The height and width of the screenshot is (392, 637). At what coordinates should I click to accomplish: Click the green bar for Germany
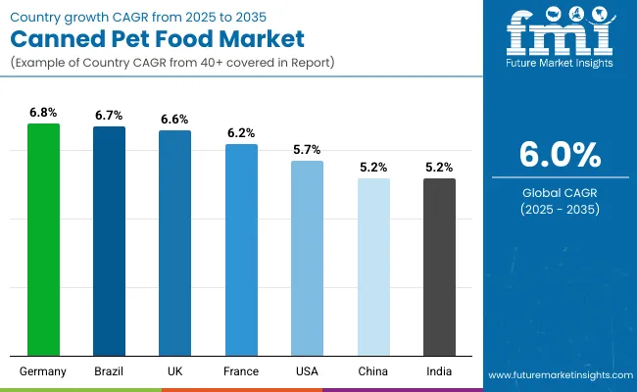click(43, 239)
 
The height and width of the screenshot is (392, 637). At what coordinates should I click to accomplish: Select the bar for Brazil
click(109, 241)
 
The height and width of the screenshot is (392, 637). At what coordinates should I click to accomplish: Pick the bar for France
click(241, 249)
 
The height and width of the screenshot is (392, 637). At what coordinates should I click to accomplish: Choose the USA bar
click(307, 258)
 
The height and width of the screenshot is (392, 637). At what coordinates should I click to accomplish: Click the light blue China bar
click(372, 267)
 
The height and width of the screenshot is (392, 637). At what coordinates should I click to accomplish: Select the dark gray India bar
click(439, 267)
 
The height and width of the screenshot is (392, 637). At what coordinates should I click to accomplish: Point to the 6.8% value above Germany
click(43, 113)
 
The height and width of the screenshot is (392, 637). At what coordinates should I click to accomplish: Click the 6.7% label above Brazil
click(109, 116)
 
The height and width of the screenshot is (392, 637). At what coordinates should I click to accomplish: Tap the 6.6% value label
click(174, 119)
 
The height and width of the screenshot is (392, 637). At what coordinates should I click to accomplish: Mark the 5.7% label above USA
click(307, 149)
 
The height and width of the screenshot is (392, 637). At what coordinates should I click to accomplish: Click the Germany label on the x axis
click(43, 371)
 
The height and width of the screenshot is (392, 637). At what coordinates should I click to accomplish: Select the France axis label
click(241, 371)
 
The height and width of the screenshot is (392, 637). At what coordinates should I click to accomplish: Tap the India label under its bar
click(439, 371)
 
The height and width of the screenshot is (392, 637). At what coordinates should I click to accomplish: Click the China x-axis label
click(372, 371)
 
